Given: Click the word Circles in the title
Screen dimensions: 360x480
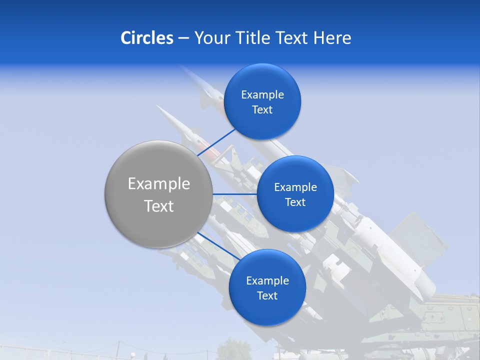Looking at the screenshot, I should tap(146, 38).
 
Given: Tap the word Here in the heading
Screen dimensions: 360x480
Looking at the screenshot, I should tap(332, 38).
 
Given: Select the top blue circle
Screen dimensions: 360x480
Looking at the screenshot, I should tap(262, 80).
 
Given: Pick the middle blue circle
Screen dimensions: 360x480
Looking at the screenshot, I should tap(295, 172).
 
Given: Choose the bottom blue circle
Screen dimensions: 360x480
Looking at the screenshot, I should tap(267, 310).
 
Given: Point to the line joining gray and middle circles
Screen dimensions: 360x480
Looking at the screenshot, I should tap(234, 194).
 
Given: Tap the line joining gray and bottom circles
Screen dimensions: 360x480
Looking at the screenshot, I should tap(215, 245).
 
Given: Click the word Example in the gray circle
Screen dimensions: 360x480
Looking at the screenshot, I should tap(159, 184).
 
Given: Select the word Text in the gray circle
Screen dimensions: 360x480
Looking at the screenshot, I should tap(159, 206).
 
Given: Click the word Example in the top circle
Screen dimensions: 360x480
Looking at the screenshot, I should tap(262, 95).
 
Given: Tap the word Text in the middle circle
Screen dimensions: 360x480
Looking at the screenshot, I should tap(295, 202).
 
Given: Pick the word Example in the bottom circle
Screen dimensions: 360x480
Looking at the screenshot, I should tap(267, 281).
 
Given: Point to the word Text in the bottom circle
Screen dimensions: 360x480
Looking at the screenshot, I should tap(267, 295).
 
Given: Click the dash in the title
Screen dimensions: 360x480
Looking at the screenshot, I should tap(183, 38).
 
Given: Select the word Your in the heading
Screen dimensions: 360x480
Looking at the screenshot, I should tap(212, 38).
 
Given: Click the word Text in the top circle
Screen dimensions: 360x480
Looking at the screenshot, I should tap(262, 109).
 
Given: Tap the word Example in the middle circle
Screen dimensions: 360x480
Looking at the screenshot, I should tap(295, 187).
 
